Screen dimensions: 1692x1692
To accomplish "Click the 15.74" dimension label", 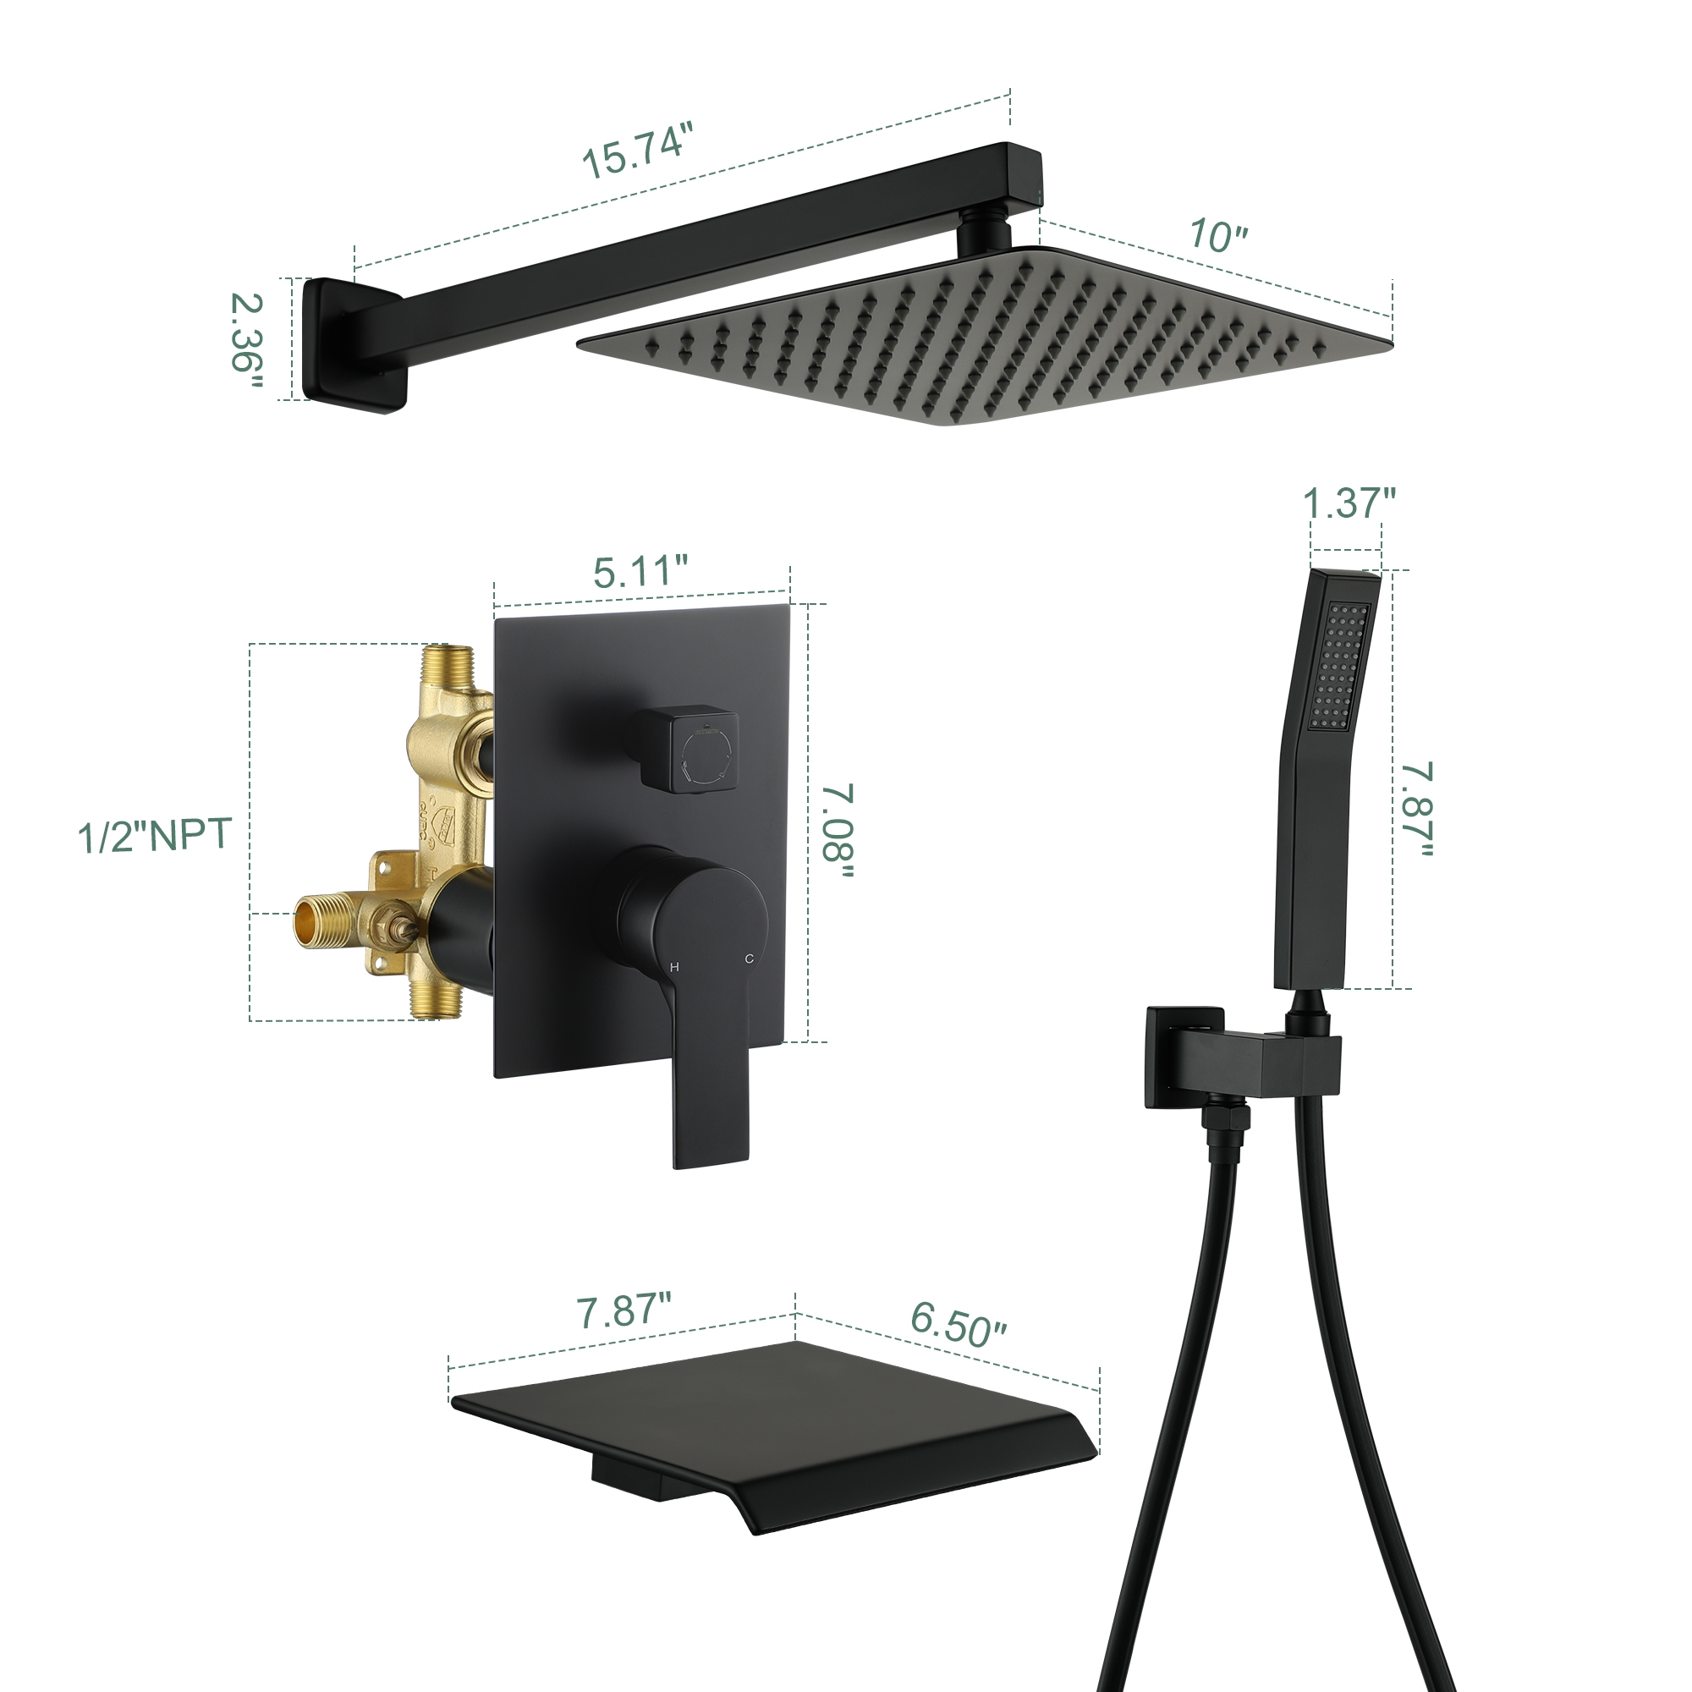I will (x=637, y=151).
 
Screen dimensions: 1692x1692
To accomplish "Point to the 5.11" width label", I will (x=640, y=572).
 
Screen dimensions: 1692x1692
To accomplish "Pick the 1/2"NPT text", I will (x=154, y=835).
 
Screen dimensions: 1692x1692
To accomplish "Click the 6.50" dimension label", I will (x=959, y=1323).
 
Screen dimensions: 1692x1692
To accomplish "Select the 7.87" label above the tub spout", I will (x=624, y=1311).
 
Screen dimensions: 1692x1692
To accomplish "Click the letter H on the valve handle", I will (x=673, y=967).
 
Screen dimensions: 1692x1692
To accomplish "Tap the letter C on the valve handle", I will (x=749, y=959).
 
